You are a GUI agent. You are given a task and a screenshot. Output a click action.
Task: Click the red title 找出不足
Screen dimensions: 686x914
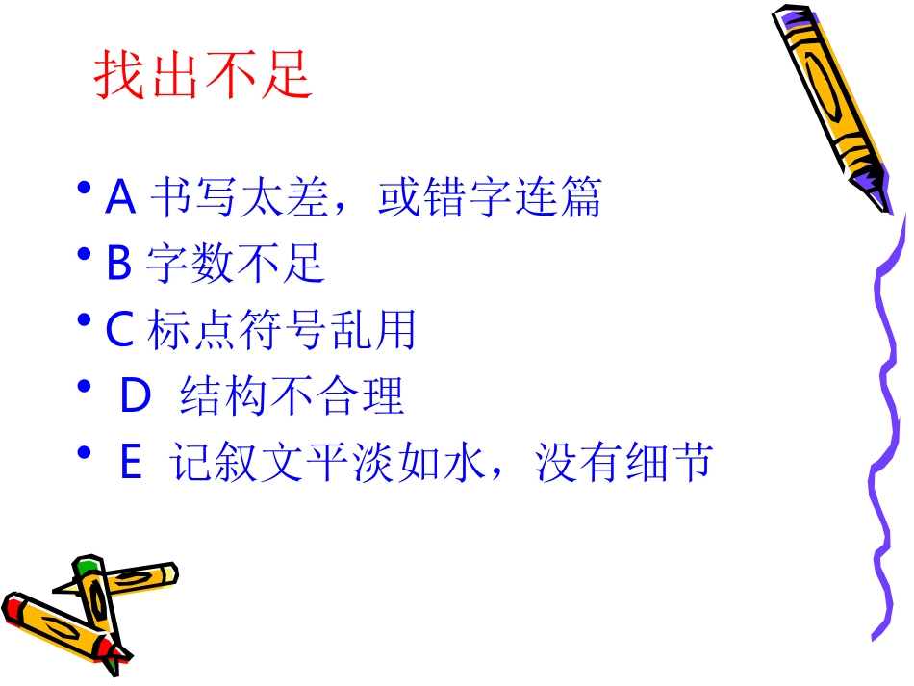[204, 76]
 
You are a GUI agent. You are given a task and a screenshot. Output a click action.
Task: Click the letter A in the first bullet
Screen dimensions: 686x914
[120, 198]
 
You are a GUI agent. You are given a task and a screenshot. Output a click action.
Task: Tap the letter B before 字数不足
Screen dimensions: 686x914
[118, 264]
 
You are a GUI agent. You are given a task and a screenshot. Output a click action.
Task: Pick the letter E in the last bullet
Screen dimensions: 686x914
[131, 465]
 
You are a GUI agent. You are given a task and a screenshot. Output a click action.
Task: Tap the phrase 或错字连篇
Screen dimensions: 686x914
[490, 198]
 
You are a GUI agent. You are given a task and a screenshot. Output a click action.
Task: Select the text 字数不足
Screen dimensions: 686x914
[235, 264]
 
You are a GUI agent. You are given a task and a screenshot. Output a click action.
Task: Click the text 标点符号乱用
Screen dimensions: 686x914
[281, 330]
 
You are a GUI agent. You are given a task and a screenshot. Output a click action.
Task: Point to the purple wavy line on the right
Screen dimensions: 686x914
[886, 423]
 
